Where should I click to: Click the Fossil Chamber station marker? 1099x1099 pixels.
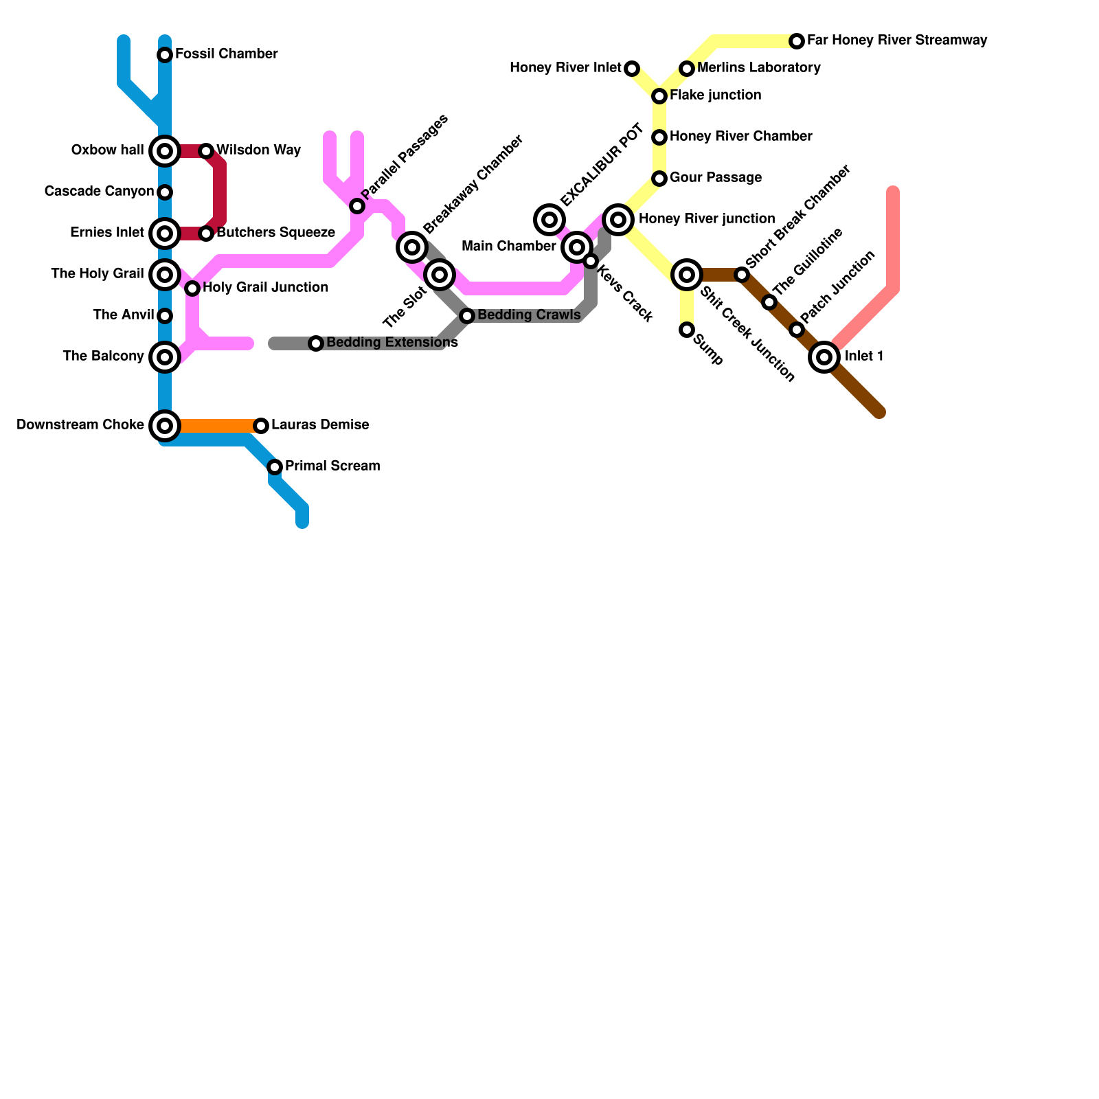point(165,55)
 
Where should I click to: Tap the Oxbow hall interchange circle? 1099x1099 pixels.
point(165,151)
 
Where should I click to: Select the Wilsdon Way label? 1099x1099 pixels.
point(258,150)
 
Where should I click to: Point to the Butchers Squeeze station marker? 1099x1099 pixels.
point(206,234)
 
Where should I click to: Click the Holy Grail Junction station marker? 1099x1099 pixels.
point(192,288)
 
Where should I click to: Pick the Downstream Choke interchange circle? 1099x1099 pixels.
point(165,426)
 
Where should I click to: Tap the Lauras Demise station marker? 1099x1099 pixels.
point(261,426)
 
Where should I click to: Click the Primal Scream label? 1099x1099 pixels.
point(332,466)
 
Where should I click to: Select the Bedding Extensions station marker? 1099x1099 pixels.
point(316,343)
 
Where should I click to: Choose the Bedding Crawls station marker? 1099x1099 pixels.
point(467,316)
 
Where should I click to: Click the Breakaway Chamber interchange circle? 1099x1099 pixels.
point(412,247)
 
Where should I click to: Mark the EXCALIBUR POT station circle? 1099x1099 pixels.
point(549,220)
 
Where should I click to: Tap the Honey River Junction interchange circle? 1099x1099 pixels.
point(618,220)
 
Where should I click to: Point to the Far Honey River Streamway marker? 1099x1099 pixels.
point(797,41)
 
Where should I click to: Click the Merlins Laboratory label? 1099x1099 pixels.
point(758,68)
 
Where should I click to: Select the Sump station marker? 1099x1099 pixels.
point(687,330)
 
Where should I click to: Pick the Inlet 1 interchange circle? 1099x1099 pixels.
point(824,357)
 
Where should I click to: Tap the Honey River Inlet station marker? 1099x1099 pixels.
point(632,69)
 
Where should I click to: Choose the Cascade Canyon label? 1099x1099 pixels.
point(99,192)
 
